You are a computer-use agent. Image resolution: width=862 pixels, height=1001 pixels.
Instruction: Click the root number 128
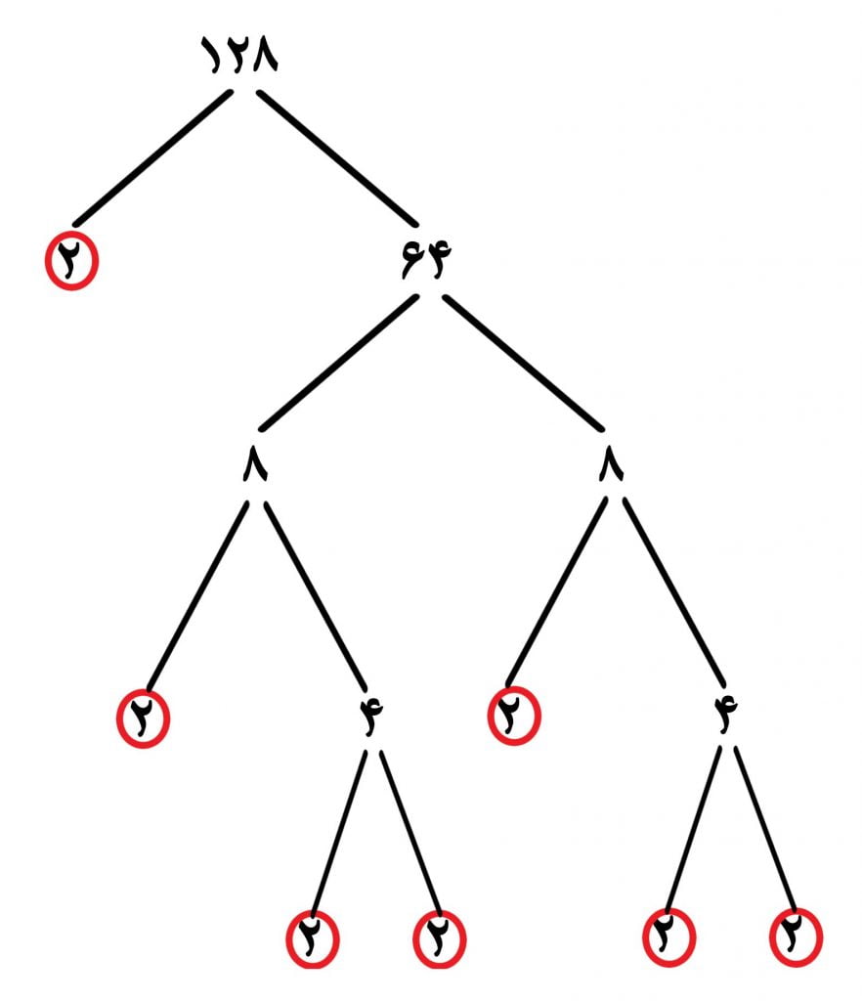(239, 55)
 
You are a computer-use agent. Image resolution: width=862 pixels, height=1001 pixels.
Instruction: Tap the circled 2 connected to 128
(71, 261)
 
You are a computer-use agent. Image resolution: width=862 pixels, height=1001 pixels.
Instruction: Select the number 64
(426, 259)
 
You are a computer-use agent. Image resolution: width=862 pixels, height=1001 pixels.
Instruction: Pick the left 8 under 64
(255, 463)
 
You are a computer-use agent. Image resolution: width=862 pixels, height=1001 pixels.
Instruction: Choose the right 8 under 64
(611, 463)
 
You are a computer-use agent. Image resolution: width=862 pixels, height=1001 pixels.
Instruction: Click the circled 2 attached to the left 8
(143, 718)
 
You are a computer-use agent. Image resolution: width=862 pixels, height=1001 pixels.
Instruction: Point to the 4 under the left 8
(370, 717)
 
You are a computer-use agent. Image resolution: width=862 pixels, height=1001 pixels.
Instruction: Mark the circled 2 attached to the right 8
(514, 716)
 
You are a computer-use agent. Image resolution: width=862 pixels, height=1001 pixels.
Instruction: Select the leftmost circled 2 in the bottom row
(313, 939)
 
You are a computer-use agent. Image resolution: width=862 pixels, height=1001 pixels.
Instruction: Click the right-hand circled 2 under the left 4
(440, 939)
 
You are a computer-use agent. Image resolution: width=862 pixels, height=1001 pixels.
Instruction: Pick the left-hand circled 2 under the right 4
(668, 936)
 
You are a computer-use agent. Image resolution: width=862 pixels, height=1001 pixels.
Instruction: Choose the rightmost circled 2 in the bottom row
(797, 936)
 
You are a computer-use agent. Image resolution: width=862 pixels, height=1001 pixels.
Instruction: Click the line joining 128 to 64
(337, 158)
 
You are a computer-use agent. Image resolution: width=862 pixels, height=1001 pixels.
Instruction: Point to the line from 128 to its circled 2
(152, 158)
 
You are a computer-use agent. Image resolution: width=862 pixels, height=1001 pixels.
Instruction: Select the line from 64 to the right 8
(523, 362)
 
